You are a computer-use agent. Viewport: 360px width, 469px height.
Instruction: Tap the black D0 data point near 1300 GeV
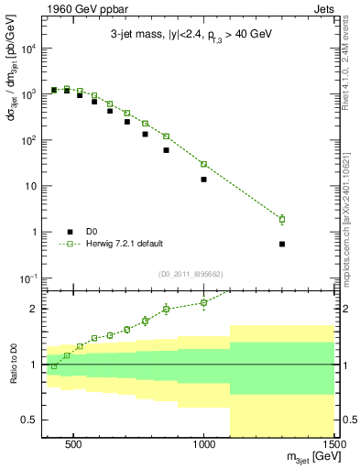(282, 245)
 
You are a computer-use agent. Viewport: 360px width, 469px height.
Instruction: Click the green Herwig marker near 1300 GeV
(282, 219)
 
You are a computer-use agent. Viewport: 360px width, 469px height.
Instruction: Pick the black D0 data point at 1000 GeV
(203, 180)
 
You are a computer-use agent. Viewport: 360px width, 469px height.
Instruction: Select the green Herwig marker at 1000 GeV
(203, 164)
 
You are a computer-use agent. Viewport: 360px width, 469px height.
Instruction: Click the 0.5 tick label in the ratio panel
(28, 420)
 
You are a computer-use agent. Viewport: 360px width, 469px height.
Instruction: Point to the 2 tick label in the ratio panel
(33, 309)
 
